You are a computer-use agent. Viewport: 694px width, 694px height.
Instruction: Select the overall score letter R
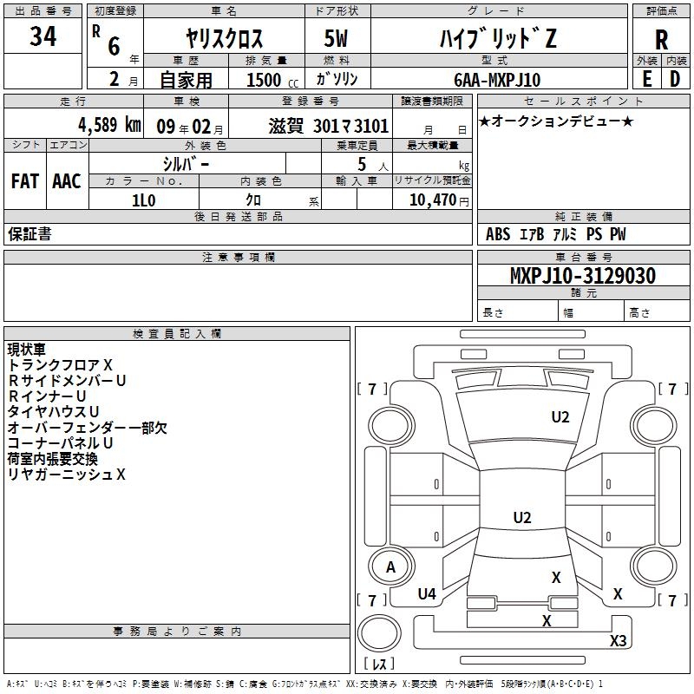point(661,40)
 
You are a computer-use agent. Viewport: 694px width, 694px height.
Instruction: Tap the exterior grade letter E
point(647,78)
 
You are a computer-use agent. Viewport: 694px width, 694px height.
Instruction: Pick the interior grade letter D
point(675,78)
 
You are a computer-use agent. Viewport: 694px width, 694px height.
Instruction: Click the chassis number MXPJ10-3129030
point(582,276)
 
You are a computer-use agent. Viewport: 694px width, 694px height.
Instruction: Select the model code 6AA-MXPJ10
point(497,80)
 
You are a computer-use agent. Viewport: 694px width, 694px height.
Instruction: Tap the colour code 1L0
point(143,200)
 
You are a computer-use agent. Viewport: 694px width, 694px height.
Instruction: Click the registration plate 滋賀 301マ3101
point(329,125)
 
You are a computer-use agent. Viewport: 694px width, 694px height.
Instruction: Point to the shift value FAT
point(24,181)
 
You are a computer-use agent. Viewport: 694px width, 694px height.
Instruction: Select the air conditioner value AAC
point(66,181)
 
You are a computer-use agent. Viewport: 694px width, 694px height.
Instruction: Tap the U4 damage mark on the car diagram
point(427,594)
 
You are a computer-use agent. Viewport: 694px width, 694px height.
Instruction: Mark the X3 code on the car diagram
point(619,641)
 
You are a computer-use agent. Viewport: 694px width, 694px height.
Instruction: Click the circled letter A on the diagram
point(390,567)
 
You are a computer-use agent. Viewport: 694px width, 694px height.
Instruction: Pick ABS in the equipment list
point(498,234)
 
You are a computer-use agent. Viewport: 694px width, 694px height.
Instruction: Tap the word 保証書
point(29,234)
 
